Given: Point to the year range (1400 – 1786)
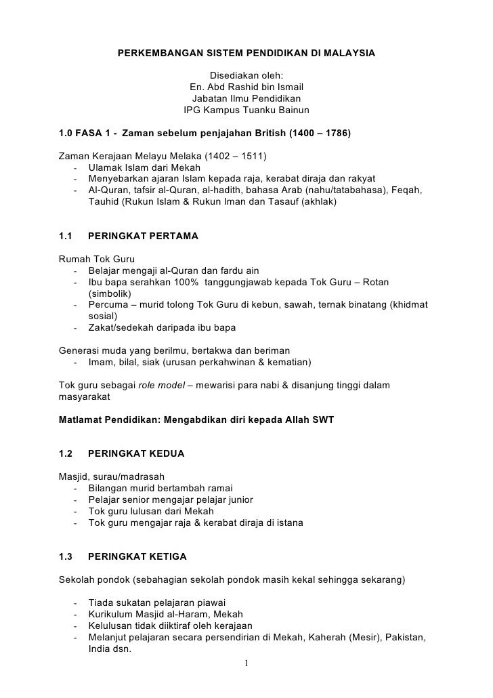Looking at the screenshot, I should (x=320, y=133).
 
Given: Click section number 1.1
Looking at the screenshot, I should (x=66, y=237).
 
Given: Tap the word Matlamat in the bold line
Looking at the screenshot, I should (x=82, y=420).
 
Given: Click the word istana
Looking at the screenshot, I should (x=288, y=523).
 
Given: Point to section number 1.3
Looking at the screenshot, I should (x=66, y=557).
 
